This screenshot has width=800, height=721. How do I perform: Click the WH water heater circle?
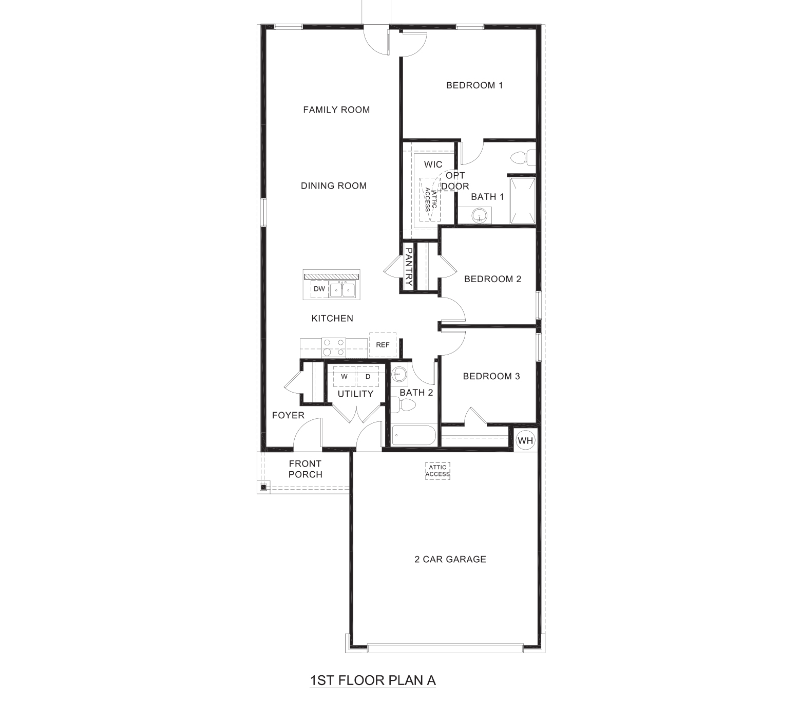525,440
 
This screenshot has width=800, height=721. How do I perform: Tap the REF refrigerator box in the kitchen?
383,345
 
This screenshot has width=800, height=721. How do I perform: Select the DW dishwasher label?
319,289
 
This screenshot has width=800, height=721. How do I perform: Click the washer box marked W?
345,377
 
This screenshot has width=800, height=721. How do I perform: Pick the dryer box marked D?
368,377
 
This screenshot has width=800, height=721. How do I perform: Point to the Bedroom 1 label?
474,85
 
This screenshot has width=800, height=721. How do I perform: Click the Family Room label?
336,109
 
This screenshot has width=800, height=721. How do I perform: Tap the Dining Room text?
334,186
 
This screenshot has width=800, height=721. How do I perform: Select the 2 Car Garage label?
450,559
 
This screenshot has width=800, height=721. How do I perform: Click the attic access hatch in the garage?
437,471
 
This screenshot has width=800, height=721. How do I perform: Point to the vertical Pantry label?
409,267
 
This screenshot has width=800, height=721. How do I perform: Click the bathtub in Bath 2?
413,436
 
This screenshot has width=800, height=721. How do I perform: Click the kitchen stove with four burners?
333,347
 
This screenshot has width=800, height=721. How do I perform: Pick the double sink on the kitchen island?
342,290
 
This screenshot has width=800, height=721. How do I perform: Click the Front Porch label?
305,469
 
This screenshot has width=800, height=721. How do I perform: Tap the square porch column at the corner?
263,487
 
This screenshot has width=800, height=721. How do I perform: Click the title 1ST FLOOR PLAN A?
373,680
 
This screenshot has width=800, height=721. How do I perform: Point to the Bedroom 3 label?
491,376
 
